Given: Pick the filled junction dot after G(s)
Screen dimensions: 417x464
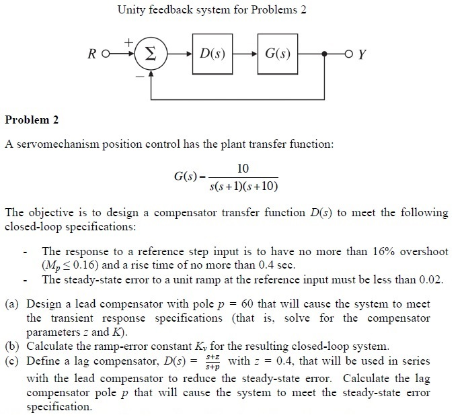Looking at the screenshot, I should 325,53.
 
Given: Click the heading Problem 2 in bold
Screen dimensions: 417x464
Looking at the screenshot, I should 32,120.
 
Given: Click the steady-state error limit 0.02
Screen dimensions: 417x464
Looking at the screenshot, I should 430,279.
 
